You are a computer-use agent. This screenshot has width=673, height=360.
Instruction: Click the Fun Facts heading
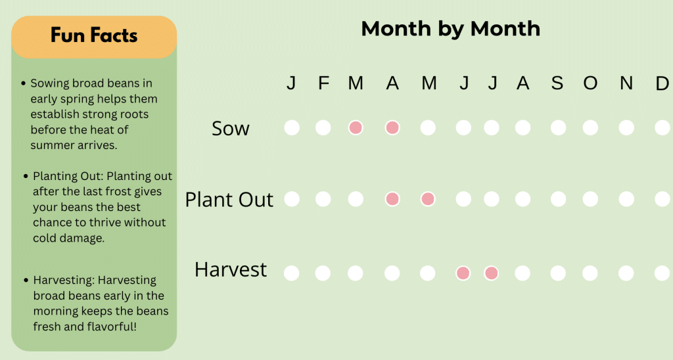click(x=94, y=35)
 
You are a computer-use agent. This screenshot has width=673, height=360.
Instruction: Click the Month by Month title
click(x=450, y=29)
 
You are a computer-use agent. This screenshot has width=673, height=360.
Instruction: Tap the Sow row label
click(x=230, y=128)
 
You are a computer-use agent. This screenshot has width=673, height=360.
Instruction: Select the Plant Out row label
click(x=229, y=200)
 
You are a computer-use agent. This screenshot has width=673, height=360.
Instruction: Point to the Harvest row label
click(x=231, y=269)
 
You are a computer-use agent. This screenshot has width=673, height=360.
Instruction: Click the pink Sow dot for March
click(x=356, y=127)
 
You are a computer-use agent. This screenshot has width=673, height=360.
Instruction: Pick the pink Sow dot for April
click(x=392, y=127)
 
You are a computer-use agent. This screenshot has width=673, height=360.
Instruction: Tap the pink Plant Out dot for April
click(x=392, y=198)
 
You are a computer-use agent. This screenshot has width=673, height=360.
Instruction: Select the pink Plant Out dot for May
click(x=428, y=198)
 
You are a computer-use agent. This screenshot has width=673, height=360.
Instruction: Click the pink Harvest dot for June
click(x=463, y=273)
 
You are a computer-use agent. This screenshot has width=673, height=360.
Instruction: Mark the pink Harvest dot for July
click(x=492, y=273)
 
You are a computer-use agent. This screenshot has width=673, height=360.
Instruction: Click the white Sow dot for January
click(x=292, y=127)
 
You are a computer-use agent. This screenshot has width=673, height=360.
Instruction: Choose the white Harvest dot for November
click(x=626, y=273)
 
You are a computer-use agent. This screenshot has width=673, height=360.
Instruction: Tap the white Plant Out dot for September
click(x=558, y=198)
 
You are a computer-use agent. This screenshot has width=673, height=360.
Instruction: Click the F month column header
click(x=323, y=83)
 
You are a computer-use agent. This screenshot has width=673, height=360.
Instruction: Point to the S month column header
click(x=557, y=83)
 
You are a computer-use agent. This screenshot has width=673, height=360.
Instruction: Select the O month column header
click(x=590, y=83)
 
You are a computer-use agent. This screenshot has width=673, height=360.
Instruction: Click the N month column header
click(x=626, y=83)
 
